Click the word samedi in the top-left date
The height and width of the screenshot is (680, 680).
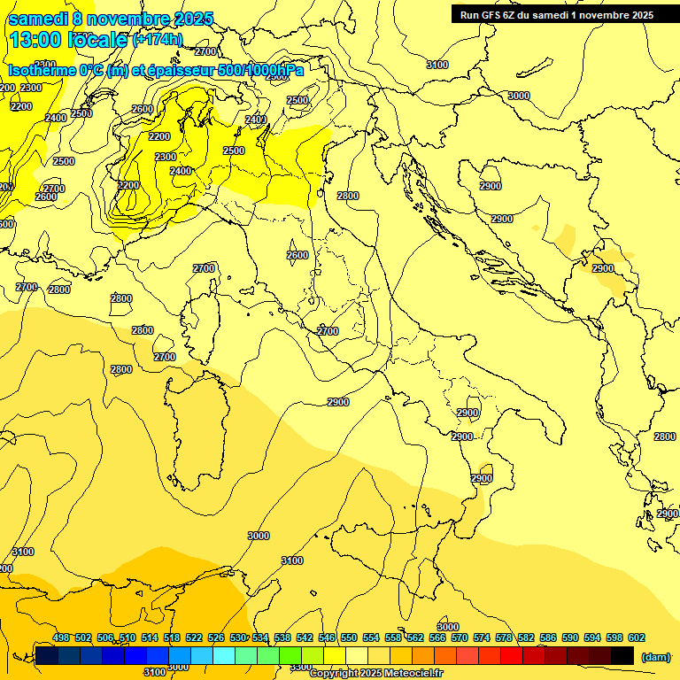pos(36,19)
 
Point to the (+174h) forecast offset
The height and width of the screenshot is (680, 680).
pos(158,40)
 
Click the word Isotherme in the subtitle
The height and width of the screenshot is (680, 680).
pos(41,70)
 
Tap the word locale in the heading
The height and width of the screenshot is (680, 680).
pos(100,40)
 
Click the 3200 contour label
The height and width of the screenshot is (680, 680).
pos(128,185)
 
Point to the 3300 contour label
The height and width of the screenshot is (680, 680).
pos(301,667)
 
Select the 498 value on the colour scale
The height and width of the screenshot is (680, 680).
pos(61,637)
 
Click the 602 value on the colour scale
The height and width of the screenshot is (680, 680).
pos(636,637)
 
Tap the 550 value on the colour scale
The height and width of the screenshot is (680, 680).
pos(348,637)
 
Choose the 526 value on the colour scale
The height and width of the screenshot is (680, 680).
pos(216,637)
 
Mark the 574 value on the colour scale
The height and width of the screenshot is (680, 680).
pos(482,637)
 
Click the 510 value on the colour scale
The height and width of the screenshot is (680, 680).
pos(127,637)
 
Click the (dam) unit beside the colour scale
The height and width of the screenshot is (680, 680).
pos(655,656)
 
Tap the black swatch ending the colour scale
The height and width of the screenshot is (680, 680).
pos(622,655)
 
